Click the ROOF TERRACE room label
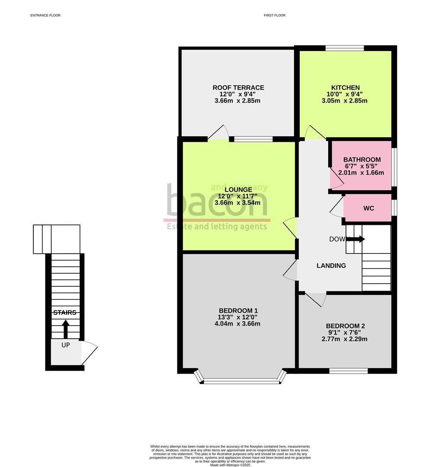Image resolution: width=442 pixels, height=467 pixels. pyautogui.click(x=238, y=88)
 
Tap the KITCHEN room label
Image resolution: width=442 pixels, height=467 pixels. pyautogui.click(x=345, y=88)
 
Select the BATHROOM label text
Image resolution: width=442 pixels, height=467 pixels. pyautogui.click(x=362, y=160)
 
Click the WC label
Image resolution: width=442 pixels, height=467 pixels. pyautogui.click(x=368, y=208)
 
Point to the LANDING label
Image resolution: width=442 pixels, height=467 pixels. pyautogui.click(x=331, y=265)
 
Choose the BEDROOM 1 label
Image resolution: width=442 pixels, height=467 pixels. pyautogui.click(x=238, y=310)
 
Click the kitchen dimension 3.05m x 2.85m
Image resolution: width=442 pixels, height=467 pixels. pyautogui.click(x=344, y=101)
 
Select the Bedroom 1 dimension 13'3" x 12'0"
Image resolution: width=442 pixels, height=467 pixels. pyautogui.click(x=238, y=317)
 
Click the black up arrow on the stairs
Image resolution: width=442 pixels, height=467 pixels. pyautogui.click(x=65, y=329)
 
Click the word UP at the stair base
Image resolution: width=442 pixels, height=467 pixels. pyautogui.click(x=65, y=345)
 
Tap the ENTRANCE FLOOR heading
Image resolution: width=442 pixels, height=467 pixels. pyautogui.click(x=45, y=15)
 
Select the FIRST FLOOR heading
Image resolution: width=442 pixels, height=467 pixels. pyautogui.click(x=275, y=15)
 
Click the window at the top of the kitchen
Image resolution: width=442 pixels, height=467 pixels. pyautogui.click(x=344, y=48)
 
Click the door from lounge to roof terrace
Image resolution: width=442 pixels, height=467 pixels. pyautogui.click(x=219, y=133)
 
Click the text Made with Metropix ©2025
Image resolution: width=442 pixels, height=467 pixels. pyautogui.click(x=230, y=465)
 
